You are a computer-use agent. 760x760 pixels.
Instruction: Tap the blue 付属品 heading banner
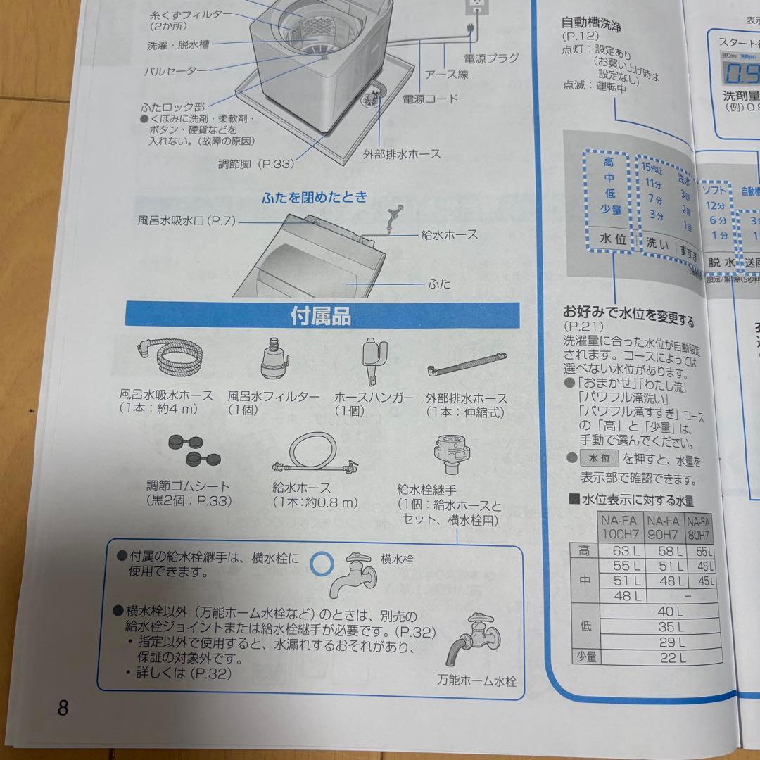[x=322, y=317]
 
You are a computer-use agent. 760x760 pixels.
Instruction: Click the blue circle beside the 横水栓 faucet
[x=322, y=562]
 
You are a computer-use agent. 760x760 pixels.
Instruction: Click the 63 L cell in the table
[x=623, y=550]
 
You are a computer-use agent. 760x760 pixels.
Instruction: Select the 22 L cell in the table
[x=669, y=657]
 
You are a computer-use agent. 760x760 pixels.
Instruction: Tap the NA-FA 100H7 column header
[x=619, y=528]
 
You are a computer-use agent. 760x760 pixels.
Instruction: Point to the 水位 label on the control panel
[x=612, y=239]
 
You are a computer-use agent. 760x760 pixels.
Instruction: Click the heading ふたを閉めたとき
[x=315, y=197]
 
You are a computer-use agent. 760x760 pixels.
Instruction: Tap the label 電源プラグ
[x=491, y=58]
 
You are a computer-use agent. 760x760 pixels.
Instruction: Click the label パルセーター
[x=175, y=71]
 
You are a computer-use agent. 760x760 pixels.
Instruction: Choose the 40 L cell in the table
[x=669, y=612]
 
